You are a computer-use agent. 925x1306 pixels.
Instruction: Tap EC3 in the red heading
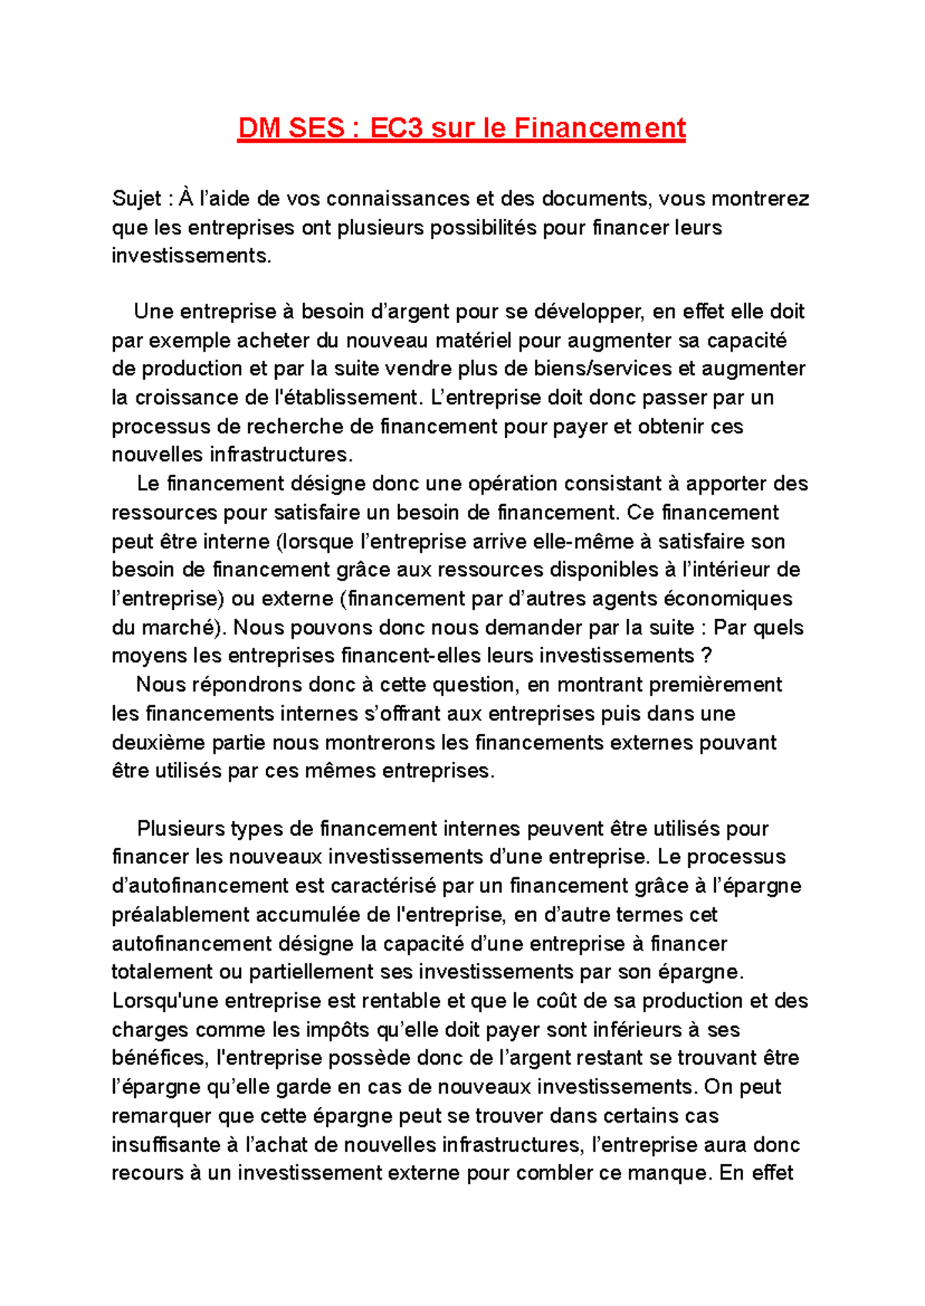(x=396, y=128)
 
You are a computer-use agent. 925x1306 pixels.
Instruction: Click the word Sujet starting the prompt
(x=136, y=199)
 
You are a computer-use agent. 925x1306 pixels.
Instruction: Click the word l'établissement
(x=345, y=398)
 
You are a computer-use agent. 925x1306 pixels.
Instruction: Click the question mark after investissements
(x=706, y=656)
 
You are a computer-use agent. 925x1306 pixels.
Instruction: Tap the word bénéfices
(x=160, y=1058)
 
